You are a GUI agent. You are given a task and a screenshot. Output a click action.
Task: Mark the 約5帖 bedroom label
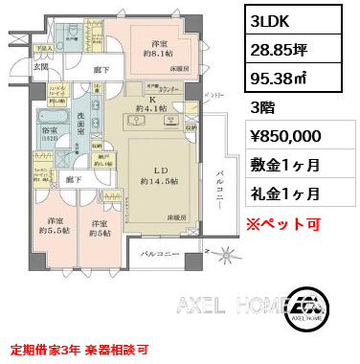(99, 228)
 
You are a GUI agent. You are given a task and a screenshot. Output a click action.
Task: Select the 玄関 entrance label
(15, 66)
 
